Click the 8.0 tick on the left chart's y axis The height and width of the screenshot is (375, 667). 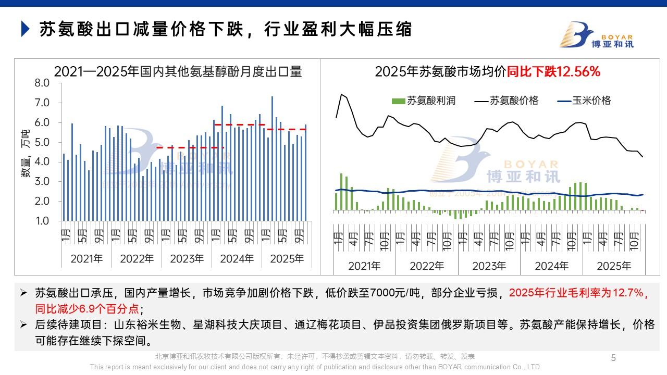pyautogui.click(x=42, y=83)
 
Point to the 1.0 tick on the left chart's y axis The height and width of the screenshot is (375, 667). pyautogui.click(x=42, y=221)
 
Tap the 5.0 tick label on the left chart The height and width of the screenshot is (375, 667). pyautogui.click(x=42, y=142)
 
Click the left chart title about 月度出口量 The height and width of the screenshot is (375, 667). pyautogui.click(x=178, y=72)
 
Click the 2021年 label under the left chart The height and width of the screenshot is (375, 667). pyautogui.click(x=87, y=258)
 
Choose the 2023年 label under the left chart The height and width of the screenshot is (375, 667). pyautogui.click(x=187, y=258)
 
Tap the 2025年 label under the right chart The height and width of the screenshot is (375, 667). pyautogui.click(x=614, y=266)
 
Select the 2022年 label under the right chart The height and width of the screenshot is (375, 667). pyautogui.click(x=426, y=266)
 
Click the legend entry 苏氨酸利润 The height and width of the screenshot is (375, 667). pyautogui.click(x=424, y=101)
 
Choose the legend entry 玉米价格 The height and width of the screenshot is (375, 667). pyautogui.click(x=584, y=101)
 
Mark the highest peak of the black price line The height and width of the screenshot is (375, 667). pyautogui.click(x=341, y=94)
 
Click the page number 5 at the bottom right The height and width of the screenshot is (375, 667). pyautogui.click(x=613, y=358)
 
